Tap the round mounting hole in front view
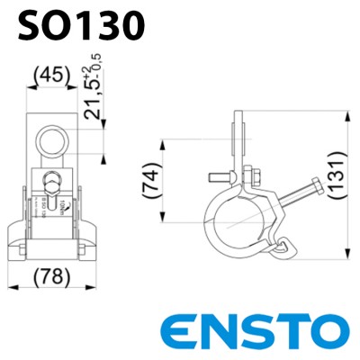pyautogui.click(x=52, y=139)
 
